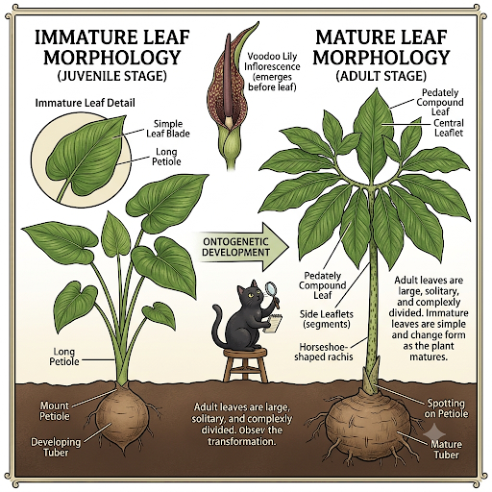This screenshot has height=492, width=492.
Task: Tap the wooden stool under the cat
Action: click(246, 364)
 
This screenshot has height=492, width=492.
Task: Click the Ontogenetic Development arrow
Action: click(243, 247)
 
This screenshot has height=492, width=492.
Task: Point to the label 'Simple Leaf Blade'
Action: click(168, 129)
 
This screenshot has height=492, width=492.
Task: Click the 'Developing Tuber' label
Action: click(56, 447)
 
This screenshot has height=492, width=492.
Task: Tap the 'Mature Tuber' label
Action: click(446, 449)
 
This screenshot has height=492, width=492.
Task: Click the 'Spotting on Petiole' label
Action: click(446, 408)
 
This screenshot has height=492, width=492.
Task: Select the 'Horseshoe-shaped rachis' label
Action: click(324, 352)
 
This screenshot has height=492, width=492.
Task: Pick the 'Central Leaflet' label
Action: click(449, 128)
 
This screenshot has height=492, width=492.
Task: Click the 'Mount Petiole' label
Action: click(55, 411)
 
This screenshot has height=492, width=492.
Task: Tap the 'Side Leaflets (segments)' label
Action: click(327, 319)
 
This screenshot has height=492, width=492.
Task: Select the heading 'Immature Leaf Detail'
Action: click(85, 103)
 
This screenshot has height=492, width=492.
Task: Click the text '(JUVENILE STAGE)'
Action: click(112, 76)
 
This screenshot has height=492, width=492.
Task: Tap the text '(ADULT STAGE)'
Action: click(381, 76)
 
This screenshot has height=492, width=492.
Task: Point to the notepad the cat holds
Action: click(274, 324)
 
